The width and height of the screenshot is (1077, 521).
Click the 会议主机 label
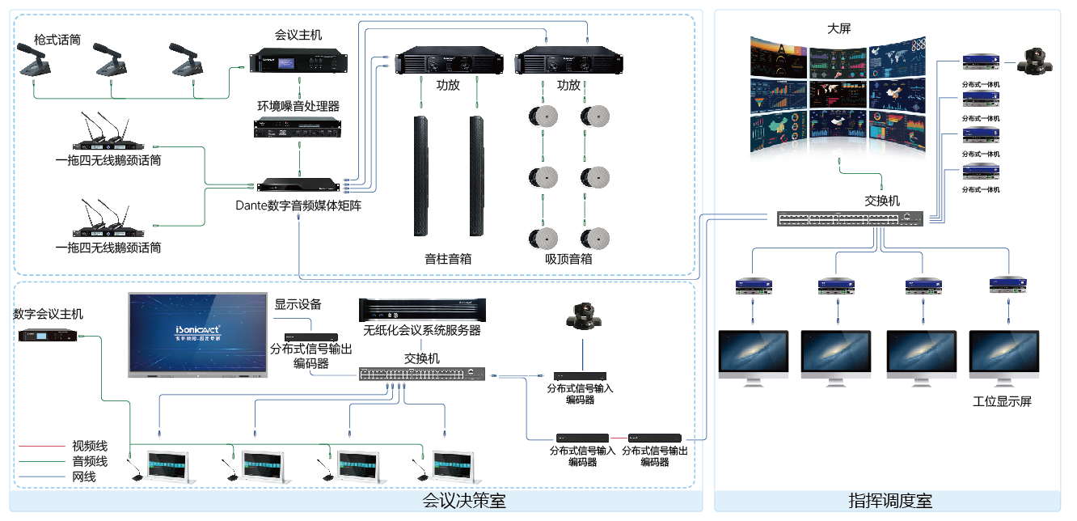(298, 35)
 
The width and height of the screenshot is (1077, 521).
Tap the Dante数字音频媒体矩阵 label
(298, 205)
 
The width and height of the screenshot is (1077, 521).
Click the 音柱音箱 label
(448, 260)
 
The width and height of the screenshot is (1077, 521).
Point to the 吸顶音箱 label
(568, 260)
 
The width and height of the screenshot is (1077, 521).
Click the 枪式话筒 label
(57, 39)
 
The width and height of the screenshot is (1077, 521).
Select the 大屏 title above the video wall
(838, 28)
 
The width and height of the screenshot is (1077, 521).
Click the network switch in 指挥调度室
(851, 218)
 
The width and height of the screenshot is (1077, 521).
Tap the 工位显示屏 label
(1002, 402)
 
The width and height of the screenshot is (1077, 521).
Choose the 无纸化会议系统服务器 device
(422, 309)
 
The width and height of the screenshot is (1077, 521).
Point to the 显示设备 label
(298, 304)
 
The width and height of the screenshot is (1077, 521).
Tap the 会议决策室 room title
(464, 501)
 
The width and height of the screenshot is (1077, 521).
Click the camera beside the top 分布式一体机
(1033, 61)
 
